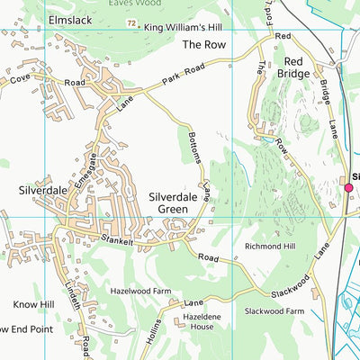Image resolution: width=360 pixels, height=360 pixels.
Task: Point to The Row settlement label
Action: pyautogui.click(x=202, y=43)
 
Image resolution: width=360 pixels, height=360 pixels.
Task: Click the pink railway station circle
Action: pyautogui.click(x=348, y=187)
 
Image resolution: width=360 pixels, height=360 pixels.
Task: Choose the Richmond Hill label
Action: pyautogui.click(x=268, y=245)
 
